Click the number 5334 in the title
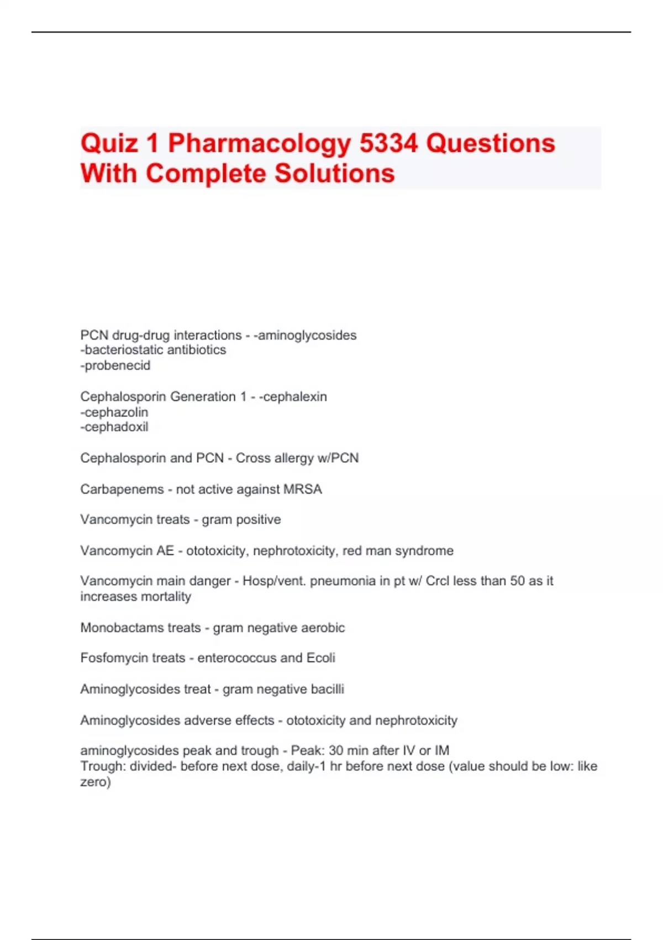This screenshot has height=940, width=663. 388,143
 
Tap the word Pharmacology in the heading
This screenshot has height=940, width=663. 259,143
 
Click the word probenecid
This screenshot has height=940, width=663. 117,365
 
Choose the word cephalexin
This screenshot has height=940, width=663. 295,396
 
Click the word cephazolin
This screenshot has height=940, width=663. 116,412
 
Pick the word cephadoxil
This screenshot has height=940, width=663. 116,427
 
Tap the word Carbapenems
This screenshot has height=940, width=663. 122,489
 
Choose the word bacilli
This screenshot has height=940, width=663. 327,690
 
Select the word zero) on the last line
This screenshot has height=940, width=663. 95,782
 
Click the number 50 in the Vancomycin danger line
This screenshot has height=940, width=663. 517,581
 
